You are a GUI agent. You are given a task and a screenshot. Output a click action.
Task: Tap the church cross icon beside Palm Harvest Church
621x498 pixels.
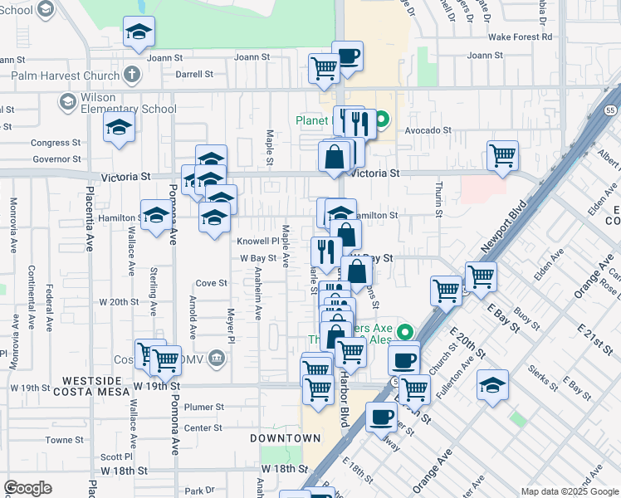click(131, 76)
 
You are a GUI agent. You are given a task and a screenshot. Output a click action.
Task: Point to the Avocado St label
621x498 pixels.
click(428, 130)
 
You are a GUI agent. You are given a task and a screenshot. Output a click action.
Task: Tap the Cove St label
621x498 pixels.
click(212, 283)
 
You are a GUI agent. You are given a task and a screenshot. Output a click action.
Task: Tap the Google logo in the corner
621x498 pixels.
click(27, 488)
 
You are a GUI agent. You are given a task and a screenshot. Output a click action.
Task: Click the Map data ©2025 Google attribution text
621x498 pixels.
click(569, 491)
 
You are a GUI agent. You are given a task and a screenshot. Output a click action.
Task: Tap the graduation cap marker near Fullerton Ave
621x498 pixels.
click(492, 385)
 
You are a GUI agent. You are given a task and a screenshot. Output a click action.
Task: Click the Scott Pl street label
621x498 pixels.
click(115, 457)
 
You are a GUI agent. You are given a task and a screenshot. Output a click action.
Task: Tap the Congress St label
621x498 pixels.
click(56, 143)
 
